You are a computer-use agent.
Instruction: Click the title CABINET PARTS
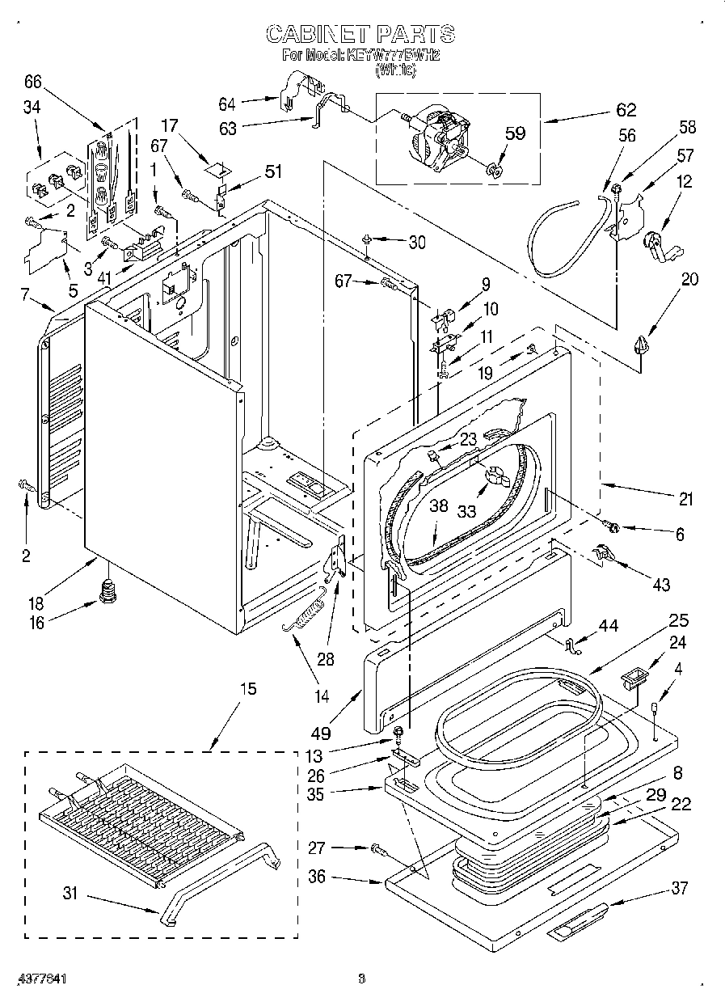360,34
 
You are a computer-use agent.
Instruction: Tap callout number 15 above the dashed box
247,689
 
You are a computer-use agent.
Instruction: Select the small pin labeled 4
655,708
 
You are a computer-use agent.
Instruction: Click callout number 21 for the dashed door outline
685,500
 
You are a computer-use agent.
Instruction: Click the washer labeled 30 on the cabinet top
366,239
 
